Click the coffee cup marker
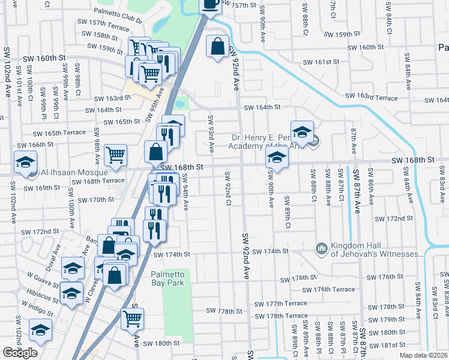(x=210, y=5)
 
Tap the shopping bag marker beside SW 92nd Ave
(x=217, y=46)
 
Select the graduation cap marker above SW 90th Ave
(x=277, y=157)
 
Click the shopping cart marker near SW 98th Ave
(x=115, y=154)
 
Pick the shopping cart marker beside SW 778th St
(x=133, y=319)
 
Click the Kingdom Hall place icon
(x=321, y=248)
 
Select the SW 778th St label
(x=223, y=311)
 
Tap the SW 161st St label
(x=321, y=62)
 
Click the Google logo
(x=20, y=352)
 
